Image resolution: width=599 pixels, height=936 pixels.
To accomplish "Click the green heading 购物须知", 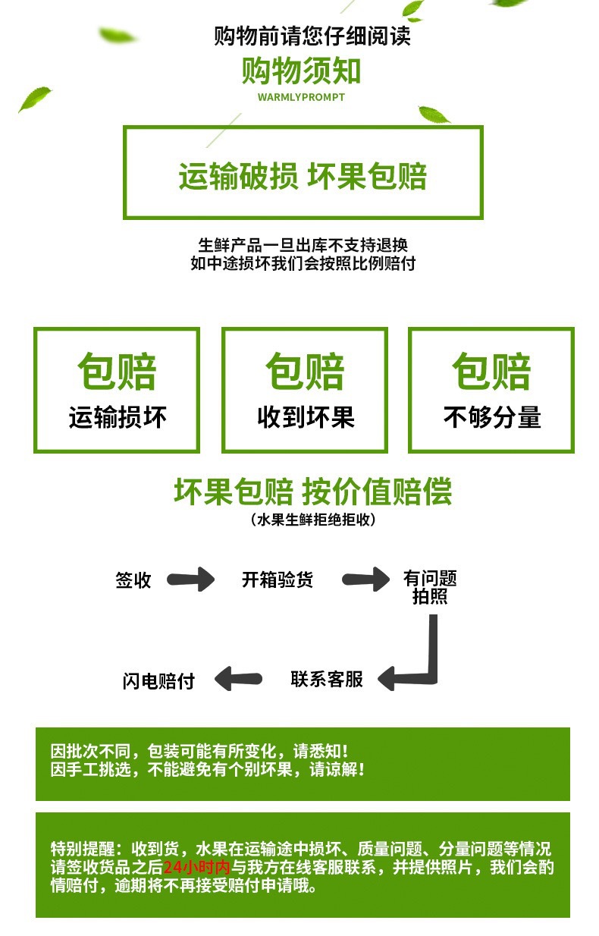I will click(301, 71).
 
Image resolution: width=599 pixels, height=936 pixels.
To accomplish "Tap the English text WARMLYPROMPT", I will click(301, 97).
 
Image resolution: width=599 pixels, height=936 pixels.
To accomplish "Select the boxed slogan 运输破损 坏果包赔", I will click(303, 176).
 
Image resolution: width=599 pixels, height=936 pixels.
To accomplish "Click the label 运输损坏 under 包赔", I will click(117, 417).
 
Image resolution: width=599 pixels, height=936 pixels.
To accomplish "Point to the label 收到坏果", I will click(305, 417).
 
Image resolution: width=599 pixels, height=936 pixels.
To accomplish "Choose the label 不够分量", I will click(491, 417).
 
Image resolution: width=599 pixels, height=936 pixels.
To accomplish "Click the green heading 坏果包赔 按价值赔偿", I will click(312, 492).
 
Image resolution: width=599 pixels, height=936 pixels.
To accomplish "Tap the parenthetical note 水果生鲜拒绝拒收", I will click(312, 520).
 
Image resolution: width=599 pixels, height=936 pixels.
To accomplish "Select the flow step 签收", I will click(133, 580).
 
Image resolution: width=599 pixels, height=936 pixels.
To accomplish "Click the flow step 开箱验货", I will click(277, 580).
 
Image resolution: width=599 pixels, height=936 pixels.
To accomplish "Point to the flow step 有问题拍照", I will click(430, 588).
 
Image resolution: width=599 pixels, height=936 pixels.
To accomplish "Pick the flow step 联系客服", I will click(327, 679).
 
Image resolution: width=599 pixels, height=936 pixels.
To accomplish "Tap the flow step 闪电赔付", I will click(158, 680).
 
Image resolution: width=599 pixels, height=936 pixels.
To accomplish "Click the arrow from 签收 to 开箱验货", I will click(191, 580).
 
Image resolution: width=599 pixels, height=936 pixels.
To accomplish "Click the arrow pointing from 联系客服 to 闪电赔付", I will click(238, 679).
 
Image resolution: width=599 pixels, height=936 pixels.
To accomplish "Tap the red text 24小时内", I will click(196, 867).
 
